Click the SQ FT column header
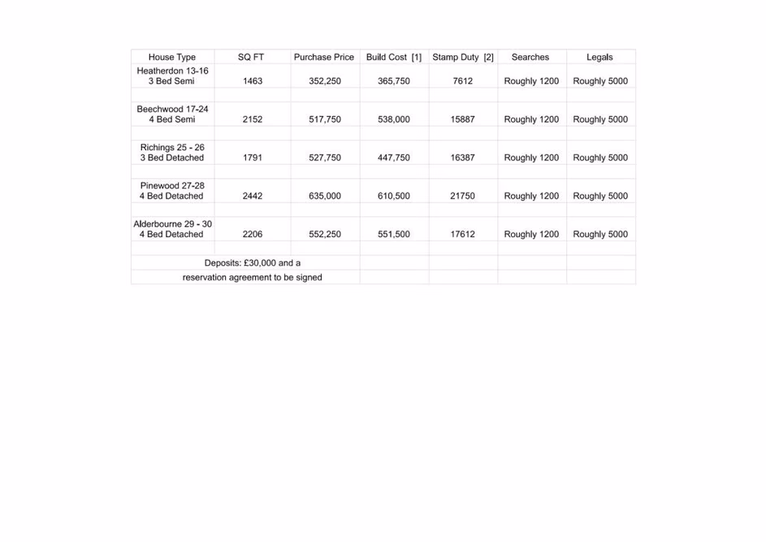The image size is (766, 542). pos(251,58)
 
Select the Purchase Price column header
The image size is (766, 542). pos(324,58)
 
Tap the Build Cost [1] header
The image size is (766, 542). pos(394,58)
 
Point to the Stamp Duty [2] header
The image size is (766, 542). pos(463,58)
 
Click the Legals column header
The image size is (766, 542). pos(599,58)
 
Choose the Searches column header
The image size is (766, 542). pos(530,58)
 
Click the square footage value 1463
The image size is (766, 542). pos(253,81)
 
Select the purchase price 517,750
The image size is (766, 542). pos(325,119)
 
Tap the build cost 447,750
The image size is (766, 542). pos(394,158)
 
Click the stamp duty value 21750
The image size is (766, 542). pos(463,196)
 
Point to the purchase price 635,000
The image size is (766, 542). pos(325,196)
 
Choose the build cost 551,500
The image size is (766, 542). pos(394,234)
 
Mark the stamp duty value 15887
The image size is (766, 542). pos(463,119)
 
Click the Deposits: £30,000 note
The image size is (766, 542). pos(253,263)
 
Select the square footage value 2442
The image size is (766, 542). pos(253,196)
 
